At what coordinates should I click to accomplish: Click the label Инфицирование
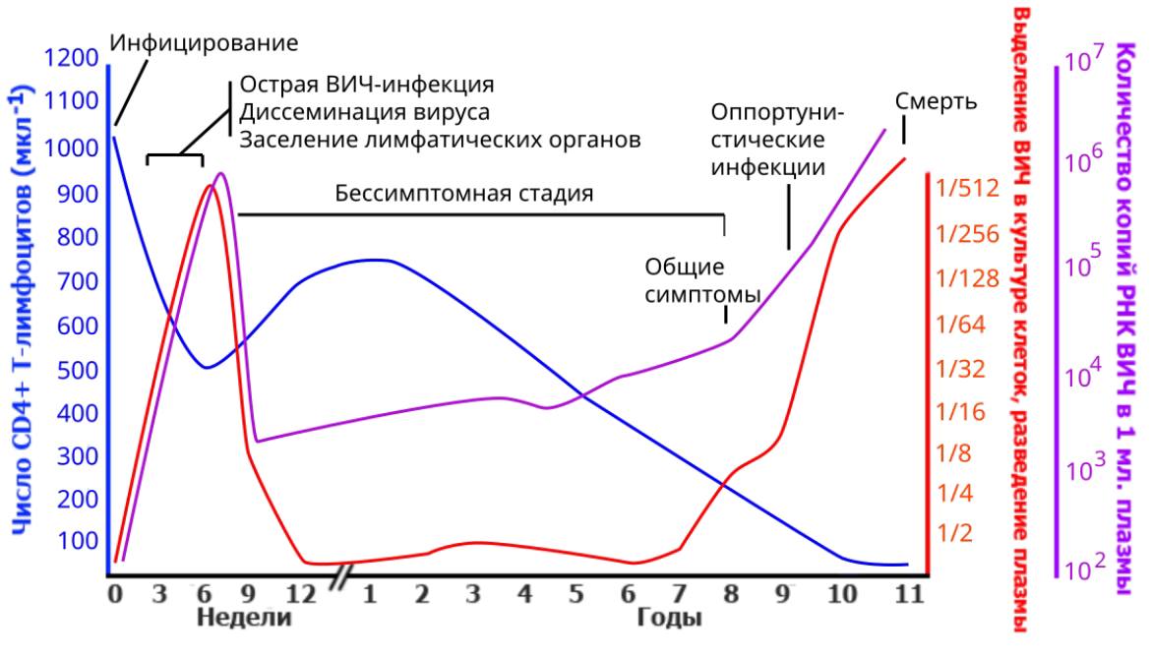[203, 43]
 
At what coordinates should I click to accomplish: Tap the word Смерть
[936, 101]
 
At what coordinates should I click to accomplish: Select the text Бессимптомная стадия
[464, 193]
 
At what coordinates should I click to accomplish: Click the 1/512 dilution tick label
[968, 188]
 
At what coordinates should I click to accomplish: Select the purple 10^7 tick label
[1086, 62]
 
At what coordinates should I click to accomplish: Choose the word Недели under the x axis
[245, 619]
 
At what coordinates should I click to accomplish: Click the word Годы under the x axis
[669, 619]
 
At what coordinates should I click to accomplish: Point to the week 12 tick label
[300, 594]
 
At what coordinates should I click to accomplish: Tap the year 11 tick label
[907, 594]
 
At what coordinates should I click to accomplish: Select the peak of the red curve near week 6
[210, 185]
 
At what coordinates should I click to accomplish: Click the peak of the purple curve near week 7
[221, 174]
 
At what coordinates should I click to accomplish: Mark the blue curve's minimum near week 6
[206, 368]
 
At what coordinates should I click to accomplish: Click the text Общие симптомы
[702, 280]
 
